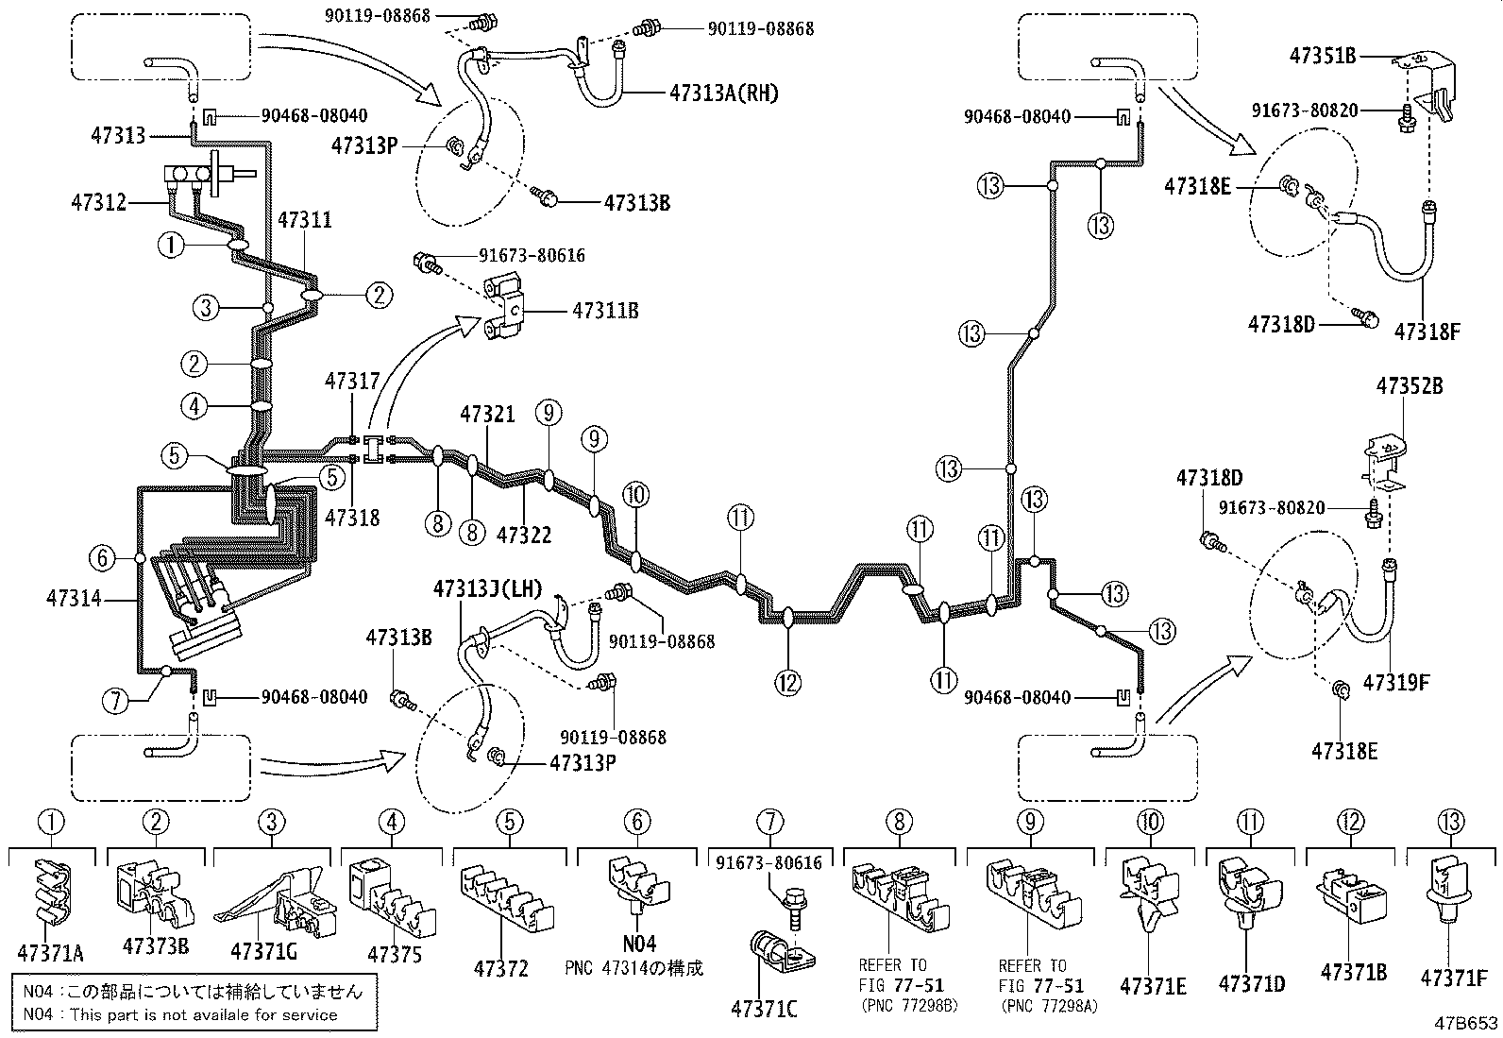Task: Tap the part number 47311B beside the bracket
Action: tap(604, 310)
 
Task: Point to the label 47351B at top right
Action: tap(1323, 56)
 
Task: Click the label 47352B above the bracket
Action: tap(1409, 386)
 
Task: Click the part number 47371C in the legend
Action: tap(764, 1009)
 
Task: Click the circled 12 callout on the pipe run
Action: tap(788, 680)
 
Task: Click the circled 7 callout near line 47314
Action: tap(115, 700)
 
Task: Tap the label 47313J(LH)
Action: tap(487, 588)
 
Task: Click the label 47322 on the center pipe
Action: tap(524, 536)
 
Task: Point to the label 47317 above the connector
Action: tap(352, 381)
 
